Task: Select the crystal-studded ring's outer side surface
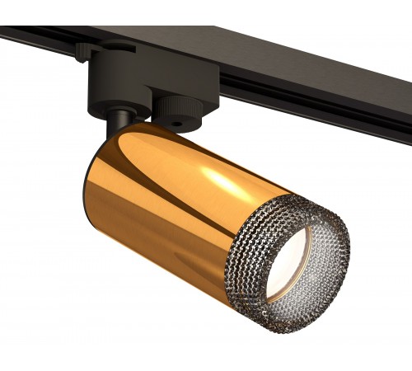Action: click(247, 272)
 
